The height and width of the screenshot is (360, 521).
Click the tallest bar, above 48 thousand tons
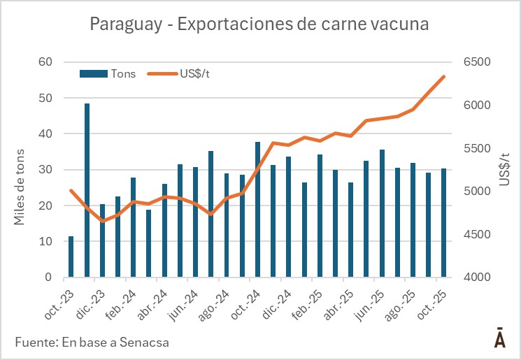(x=87, y=190)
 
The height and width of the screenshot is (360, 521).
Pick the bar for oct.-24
(x=257, y=209)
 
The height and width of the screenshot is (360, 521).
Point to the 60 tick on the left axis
(x=46, y=62)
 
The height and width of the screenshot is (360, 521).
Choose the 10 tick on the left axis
(x=46, y=241)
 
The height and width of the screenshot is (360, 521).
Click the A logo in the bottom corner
(x=500, y=338)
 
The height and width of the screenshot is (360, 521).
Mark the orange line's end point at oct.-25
(x=443, y=76)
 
